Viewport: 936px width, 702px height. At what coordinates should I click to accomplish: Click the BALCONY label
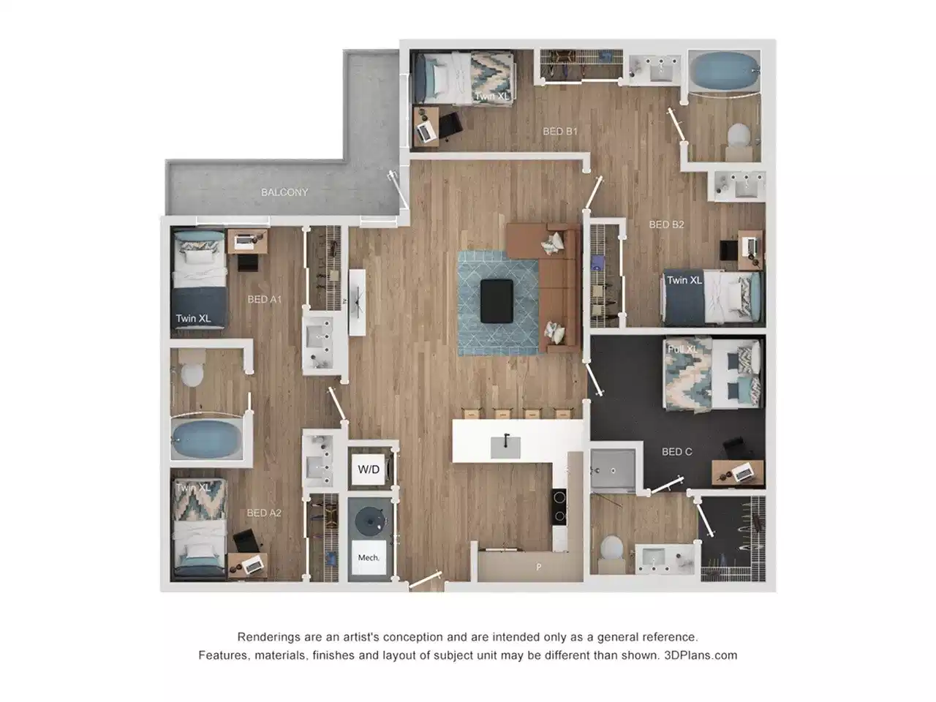click(284, 192)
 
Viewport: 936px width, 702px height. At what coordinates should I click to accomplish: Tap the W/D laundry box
click(369, 469)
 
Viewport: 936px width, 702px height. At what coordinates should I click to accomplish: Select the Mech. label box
click(369, 558)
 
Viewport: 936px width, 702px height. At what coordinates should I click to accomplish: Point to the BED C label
click(676, 452)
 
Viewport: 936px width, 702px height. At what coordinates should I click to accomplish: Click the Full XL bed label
click(682, 350)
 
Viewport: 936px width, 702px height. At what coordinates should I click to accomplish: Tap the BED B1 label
click(560, 132)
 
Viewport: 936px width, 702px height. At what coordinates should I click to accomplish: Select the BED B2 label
click(666, 224)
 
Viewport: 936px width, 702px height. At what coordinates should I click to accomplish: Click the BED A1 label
click(264, 299)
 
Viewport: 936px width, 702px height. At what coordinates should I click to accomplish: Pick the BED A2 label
click(264, 513)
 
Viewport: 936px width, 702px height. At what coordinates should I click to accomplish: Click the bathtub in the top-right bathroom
click(722, 70)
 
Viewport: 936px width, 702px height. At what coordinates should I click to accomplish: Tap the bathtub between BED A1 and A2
click(208, 438)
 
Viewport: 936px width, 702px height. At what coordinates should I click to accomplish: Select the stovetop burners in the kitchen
click(561, 506)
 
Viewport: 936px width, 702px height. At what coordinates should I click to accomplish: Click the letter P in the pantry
click(539, 567)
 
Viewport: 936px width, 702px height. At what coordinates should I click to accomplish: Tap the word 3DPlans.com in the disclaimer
click(700, 655)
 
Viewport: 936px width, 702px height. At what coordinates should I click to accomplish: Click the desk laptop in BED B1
click(425, 129)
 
